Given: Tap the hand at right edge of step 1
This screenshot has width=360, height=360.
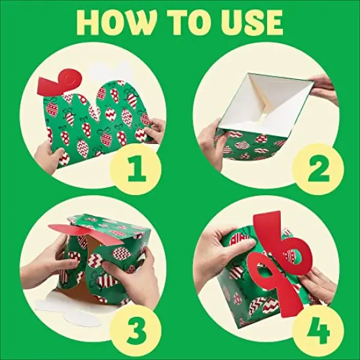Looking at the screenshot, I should tap(154, 130).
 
